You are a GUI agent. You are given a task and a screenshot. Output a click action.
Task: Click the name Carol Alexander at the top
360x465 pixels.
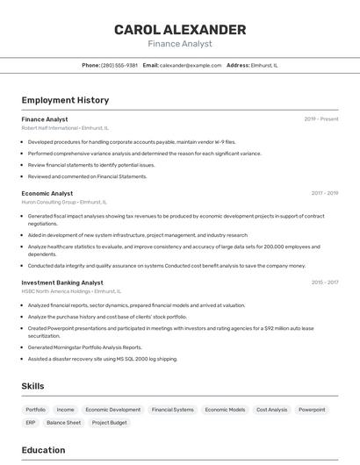coord(180,30)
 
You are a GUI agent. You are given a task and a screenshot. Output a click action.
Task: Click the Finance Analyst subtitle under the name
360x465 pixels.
coord(180,43)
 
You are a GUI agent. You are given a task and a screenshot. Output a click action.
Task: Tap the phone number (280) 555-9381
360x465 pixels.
coord(119,65)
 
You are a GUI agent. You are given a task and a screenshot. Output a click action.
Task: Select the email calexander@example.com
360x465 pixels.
coord(191,65)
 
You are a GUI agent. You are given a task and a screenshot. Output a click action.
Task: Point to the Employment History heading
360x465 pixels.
coord(65,100)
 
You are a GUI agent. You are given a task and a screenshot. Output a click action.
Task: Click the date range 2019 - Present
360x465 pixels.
coord(321,119)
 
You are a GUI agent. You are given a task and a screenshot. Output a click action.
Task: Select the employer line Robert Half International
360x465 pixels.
coord(65,128)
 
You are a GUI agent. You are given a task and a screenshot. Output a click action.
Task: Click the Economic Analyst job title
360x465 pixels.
coord(47,193)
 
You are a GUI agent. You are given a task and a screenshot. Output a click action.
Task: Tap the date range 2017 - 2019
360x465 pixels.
coord(324,193)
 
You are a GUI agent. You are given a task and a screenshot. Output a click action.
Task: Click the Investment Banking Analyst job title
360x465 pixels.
coord(62,283)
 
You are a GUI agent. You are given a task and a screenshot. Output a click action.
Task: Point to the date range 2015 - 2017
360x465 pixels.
coord(324,283)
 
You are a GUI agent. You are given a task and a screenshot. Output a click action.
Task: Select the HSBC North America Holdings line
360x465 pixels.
coord(71,291)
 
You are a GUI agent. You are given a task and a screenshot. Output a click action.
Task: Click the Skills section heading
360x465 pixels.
coord(32,386)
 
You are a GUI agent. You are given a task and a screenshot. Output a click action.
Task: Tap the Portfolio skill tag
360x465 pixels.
coord(36,410)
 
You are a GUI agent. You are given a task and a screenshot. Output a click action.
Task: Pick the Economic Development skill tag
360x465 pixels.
coord(113,410)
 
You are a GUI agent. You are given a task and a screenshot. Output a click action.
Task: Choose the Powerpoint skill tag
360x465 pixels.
coord(312,410)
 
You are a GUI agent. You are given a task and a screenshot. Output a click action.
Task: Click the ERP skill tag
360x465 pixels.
coord(31,423)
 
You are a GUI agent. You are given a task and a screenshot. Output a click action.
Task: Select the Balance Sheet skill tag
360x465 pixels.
coord(63,423)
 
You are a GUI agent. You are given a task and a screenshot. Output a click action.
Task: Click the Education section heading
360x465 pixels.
coord(43,450)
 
